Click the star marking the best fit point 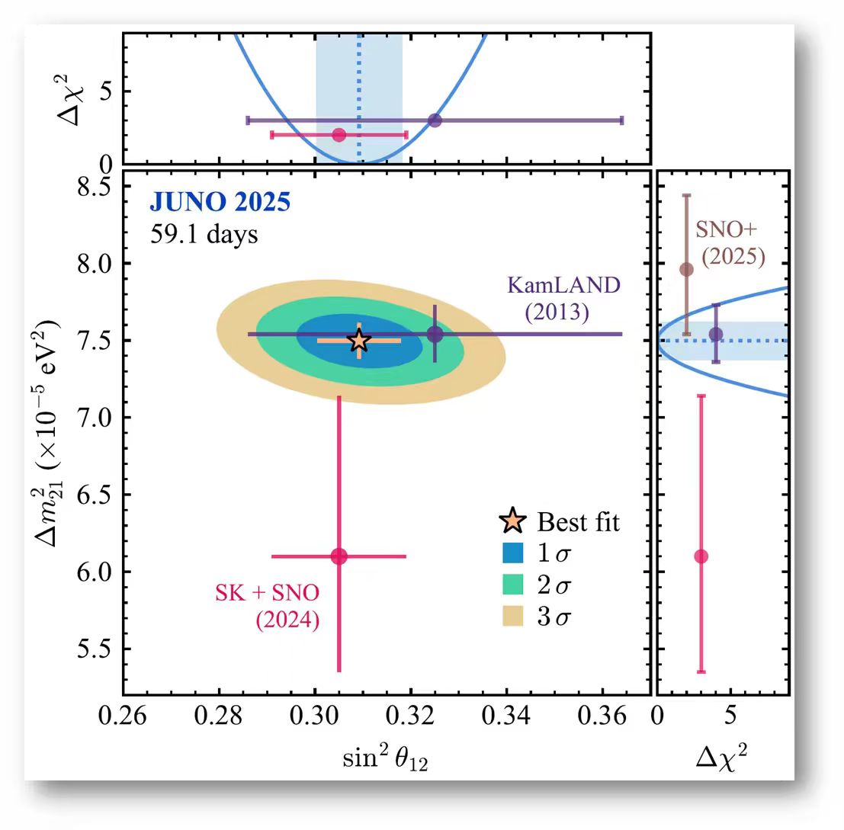[359, 341]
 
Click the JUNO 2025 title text [220, 203]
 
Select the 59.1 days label [204, 234]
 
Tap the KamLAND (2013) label [564, 300]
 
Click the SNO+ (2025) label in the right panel [731, 243]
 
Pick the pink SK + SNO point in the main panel [339, 556]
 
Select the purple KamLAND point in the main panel [435, 334]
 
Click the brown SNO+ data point [686, 269]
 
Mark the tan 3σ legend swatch [515, 617]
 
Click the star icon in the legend [515, 523]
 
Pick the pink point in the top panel [339, 135]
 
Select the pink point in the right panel [701, 556]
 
